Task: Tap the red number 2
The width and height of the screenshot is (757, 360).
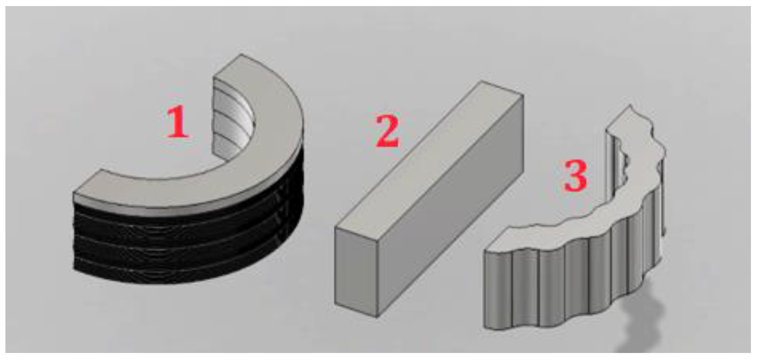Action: pyautogui.click(x=387, y=131)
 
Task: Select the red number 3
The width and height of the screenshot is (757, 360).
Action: pyautogui.click(x=576, y=176)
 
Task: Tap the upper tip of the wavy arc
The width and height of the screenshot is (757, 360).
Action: pyautogui.click(x=630, y=105)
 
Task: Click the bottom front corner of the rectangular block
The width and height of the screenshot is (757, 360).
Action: pyautogui.click(x=377, y=317)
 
